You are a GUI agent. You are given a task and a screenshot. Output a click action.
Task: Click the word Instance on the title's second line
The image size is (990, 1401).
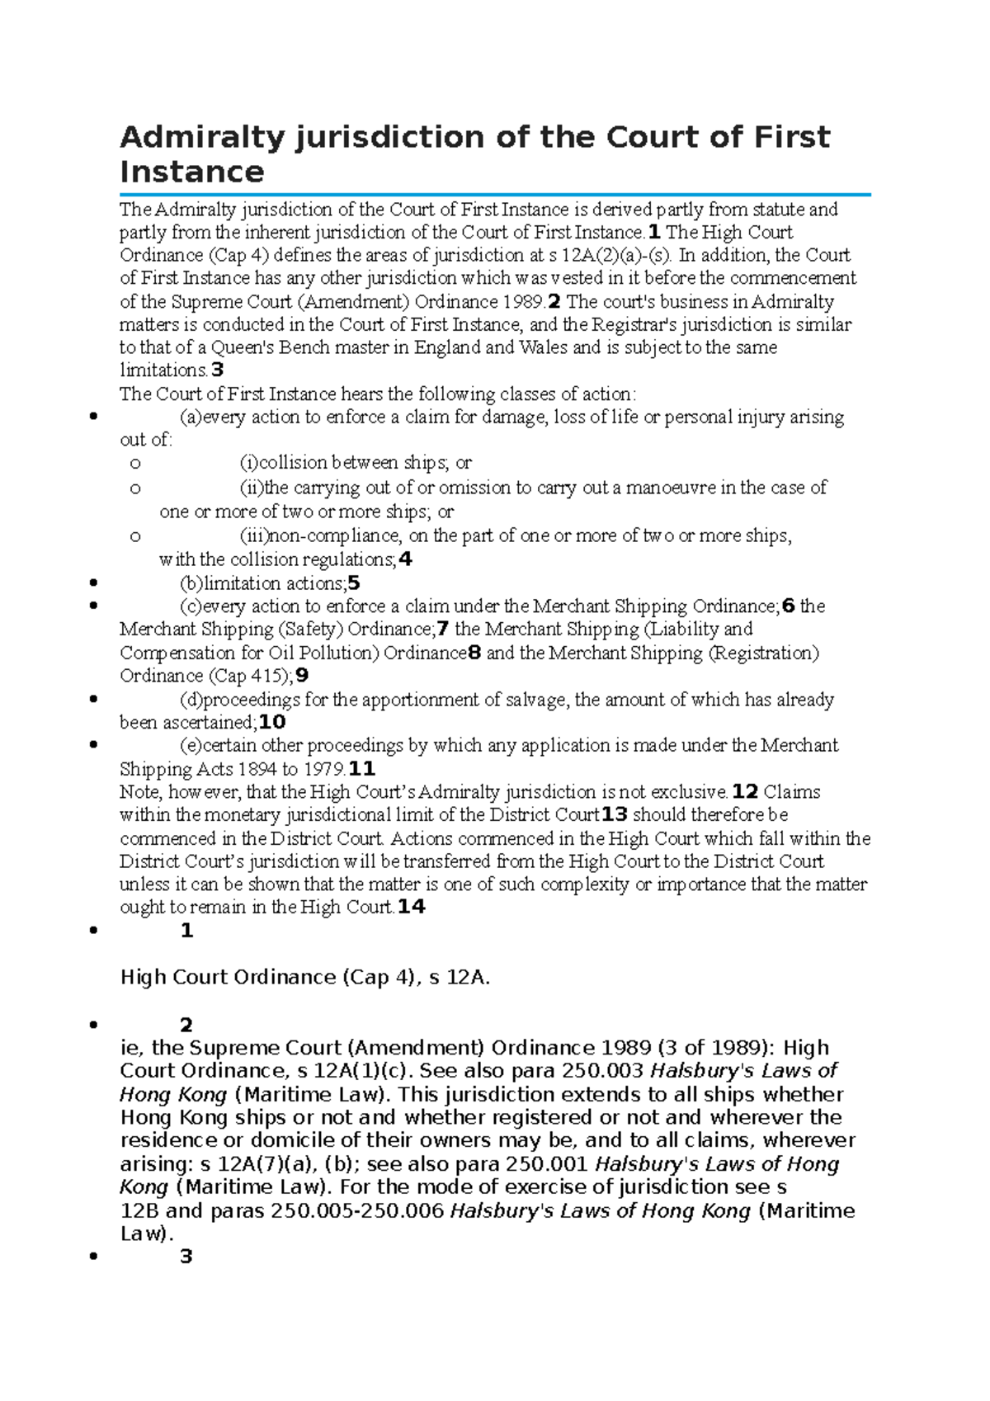point(191,172)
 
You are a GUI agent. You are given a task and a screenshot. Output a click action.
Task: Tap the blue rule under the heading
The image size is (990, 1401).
point(495,195)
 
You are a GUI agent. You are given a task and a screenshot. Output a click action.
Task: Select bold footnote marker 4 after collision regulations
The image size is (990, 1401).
point(404,560)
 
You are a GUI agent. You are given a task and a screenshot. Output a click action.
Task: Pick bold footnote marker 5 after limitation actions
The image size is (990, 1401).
point(354,583)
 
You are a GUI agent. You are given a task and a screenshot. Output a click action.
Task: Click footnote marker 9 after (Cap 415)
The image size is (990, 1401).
point(302,676)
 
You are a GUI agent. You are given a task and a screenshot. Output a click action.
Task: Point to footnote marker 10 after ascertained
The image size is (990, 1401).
point(272,723)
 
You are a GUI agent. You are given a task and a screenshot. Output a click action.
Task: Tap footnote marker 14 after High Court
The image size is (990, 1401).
point(411,908)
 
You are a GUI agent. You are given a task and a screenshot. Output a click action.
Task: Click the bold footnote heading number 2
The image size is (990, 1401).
point(186,1025)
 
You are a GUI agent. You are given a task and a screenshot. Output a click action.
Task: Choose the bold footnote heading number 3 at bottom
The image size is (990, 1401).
point(186,1257)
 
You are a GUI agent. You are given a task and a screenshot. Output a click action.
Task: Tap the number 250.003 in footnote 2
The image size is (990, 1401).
point(602,1071)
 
